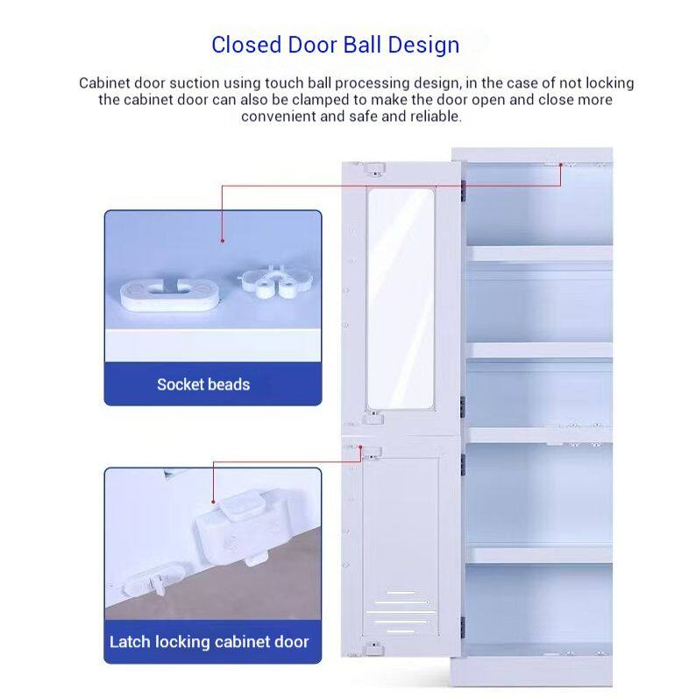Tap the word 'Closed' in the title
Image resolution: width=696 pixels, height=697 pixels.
[246, 45]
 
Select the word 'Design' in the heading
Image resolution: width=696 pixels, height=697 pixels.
[423, 46]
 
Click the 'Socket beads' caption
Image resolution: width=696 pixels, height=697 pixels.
[203, 384]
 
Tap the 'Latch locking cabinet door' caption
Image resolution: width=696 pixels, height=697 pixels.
[210, 642]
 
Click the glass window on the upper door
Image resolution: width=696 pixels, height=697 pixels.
[400, 299]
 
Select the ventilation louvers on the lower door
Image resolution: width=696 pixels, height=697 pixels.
[401, 612]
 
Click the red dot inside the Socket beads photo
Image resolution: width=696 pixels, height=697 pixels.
[223, 241]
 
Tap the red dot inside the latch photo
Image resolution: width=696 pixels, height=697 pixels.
[214, 502]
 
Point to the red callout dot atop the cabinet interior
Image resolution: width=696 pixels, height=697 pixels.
[561, 165]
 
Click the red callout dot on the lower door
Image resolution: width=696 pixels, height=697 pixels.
[360, 447]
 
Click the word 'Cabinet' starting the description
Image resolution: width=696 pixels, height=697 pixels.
[104, 83]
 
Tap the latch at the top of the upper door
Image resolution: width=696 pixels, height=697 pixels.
[374, 169]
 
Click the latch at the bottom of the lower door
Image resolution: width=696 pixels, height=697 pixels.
[374, 648]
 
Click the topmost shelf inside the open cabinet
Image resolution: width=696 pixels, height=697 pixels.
[539, 253]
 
